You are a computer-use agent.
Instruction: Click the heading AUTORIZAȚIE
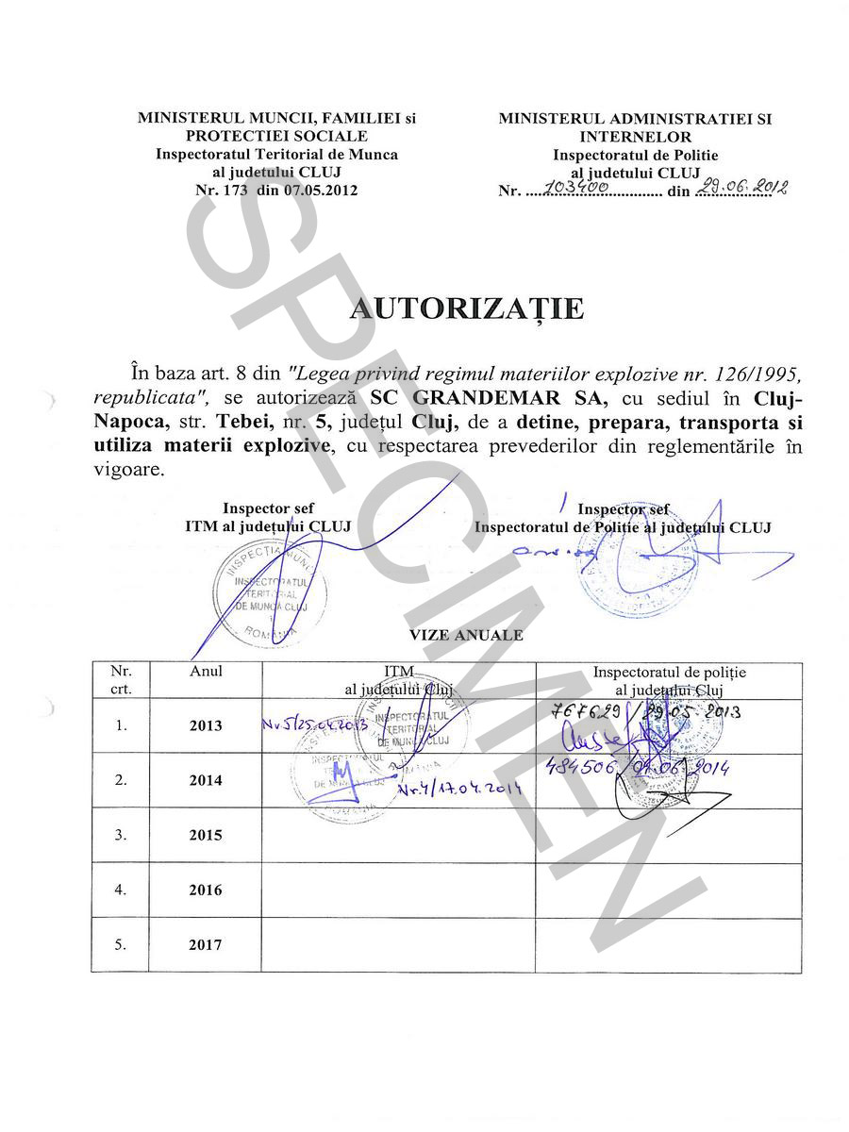pyautogui.click(x=467, y=308)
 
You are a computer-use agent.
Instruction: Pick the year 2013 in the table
pyautogui.click(x=206, y=725)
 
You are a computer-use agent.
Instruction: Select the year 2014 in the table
pyautogui.click(x=206, y=780)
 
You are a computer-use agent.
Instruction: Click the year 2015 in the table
pyautogui.click(x=206, y=835)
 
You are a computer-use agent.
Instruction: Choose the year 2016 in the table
pyautogui.click(x=206, y=890)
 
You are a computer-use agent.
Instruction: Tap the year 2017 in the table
pyautogui.click(x=206, y=944)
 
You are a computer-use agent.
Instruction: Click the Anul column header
pyautogui.click(x=206, y=672)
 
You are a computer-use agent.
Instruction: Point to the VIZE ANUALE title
pyautogui.click(x=466, y=636)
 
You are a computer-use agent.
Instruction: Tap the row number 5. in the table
pyautogui.click(x=120, y=944)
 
